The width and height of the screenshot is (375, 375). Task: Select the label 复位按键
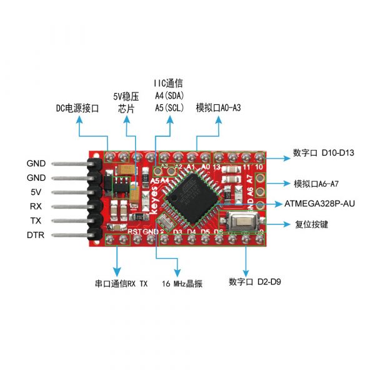click(311, 224)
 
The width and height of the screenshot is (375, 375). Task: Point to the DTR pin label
click(35, 235)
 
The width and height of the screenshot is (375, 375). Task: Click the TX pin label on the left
click(36, 221)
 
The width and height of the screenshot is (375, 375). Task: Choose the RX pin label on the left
click(36, 206)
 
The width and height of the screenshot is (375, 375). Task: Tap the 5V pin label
click(36, 192)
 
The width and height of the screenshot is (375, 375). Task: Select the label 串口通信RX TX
click(121, 283)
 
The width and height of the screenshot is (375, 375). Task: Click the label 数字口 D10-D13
click(323, 152)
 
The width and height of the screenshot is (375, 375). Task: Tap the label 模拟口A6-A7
click(320, 184)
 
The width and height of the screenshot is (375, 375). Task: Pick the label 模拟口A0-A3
click(218, 107)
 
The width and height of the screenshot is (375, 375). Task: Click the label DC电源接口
click(77, 108)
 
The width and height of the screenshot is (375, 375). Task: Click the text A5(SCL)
click(169, 107)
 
